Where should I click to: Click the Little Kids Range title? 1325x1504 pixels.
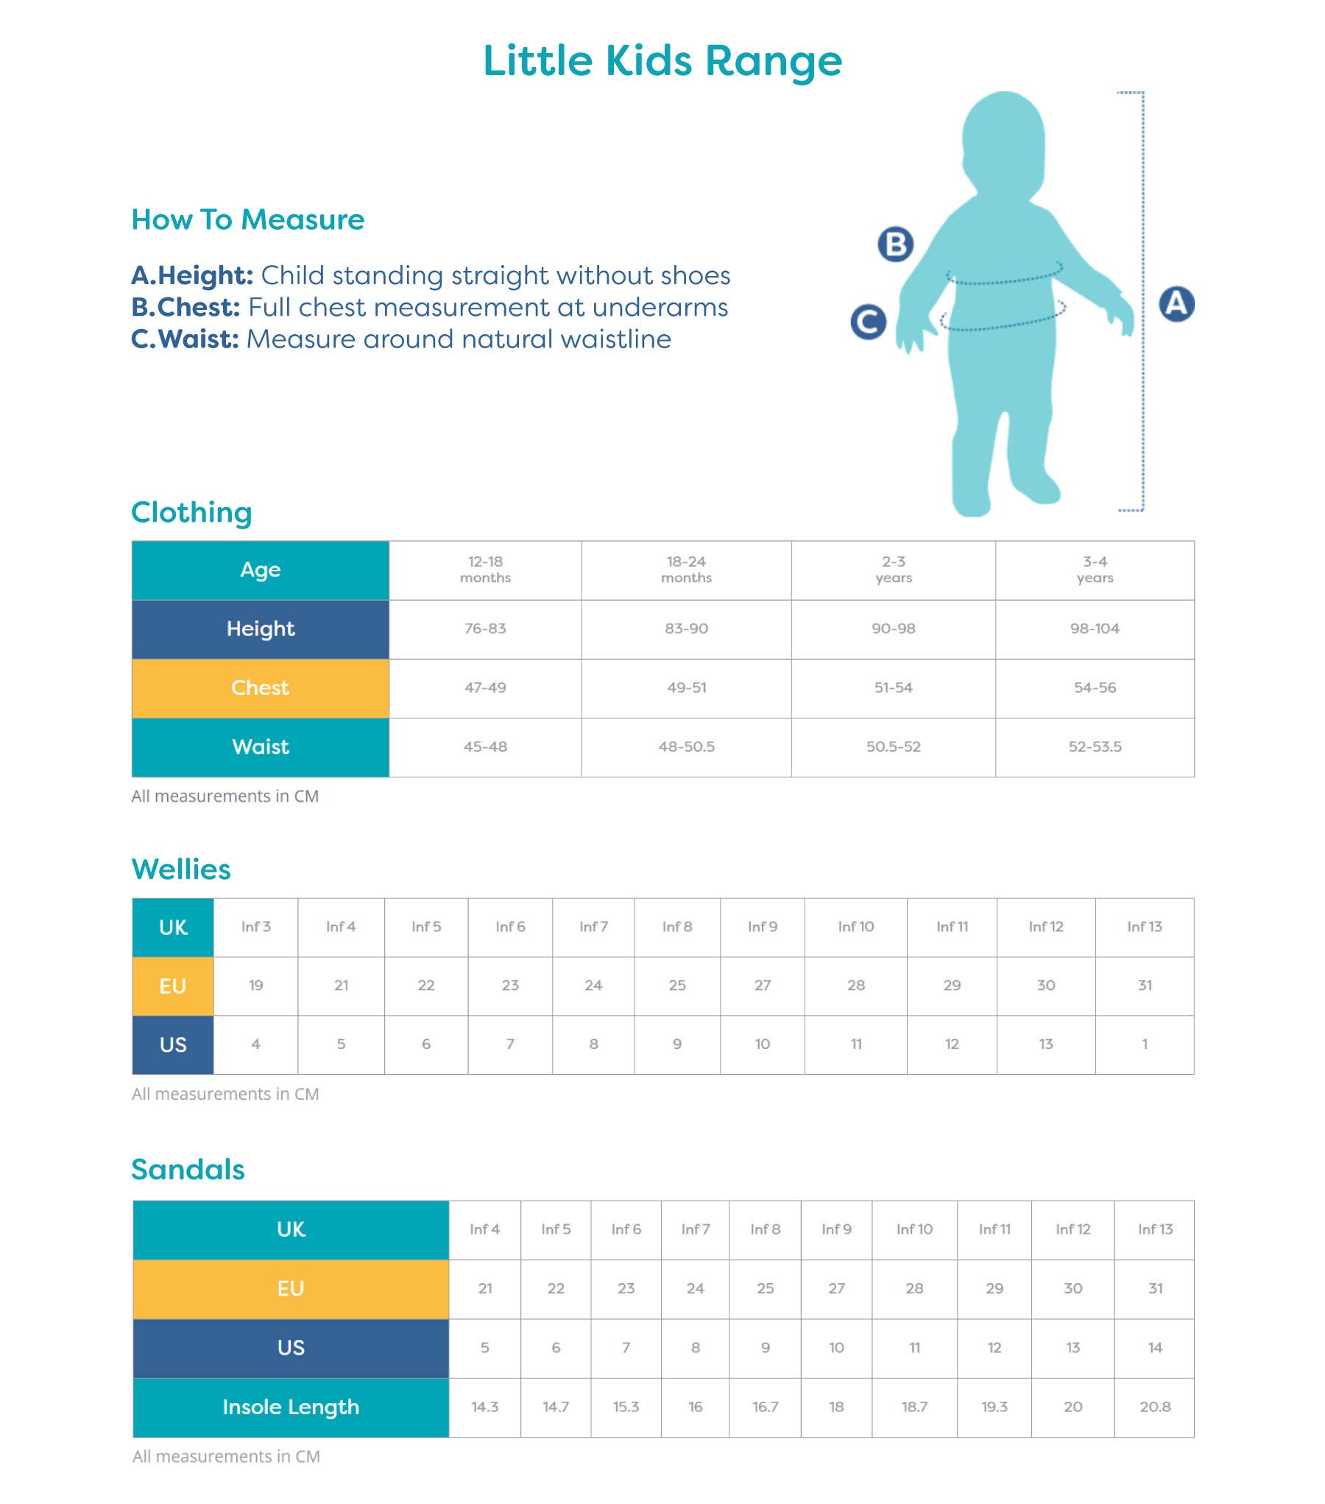(x=662, y=60)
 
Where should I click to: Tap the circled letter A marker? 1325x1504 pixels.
(x=1176, y=304)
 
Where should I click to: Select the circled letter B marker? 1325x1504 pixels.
(x=896, y=244)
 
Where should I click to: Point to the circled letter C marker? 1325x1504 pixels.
(x=868, y=322)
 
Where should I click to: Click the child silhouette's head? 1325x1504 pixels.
(x=1003, y=140)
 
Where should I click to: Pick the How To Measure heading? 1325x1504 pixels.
(x=248, y=219)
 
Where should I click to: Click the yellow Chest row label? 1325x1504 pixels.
(x=261, y=688)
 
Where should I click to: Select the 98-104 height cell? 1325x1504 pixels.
(x=1095, y=629)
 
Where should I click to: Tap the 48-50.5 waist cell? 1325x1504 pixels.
(x=686, y=746)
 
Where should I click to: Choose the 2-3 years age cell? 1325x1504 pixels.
(x=893, y=570)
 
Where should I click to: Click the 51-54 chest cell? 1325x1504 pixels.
(x=893, y=688)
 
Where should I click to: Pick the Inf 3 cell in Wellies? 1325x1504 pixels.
(x=256, y=927)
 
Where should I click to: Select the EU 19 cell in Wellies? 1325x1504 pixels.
(x=256, y=986)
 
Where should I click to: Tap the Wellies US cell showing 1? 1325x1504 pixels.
(x=1145, y=1044)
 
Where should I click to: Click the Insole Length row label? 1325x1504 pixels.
(x=291, y=1407)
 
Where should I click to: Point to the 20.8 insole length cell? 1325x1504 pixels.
(x=1154, y=1407)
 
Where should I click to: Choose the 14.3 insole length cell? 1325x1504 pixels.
(x=484, y=1407)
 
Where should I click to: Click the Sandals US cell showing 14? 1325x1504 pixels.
(x=1154, y=1348)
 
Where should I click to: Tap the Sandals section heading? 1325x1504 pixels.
(x=188, y=1170)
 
